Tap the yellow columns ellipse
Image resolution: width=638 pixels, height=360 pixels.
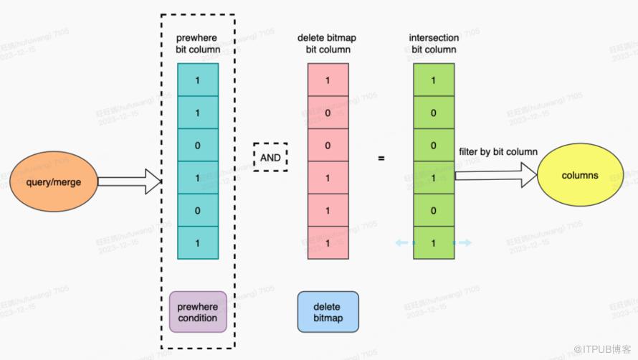point(579,176)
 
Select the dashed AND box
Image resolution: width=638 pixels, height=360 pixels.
point(270,156)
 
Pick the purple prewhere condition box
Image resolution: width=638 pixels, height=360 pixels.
point(198,312)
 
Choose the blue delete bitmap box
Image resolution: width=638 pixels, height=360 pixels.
point(327,312)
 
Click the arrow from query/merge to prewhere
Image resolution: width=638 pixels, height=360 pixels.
point(129,182)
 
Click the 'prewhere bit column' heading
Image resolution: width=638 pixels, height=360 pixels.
point(197,43)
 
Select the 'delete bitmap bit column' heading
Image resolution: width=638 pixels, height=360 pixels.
point(328,43)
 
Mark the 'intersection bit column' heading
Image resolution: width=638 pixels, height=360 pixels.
point(434,43)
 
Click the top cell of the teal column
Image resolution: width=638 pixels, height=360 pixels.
point(198,80)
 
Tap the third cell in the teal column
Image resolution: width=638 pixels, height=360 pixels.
point(198,145)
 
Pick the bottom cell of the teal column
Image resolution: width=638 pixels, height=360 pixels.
point(198,243)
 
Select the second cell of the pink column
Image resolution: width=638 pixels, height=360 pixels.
point(328,113)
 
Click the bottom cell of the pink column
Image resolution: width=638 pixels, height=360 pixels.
point(328,243)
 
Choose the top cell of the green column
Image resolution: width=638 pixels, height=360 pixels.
point(434,80)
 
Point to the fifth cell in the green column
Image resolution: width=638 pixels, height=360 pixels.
point(434,211)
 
